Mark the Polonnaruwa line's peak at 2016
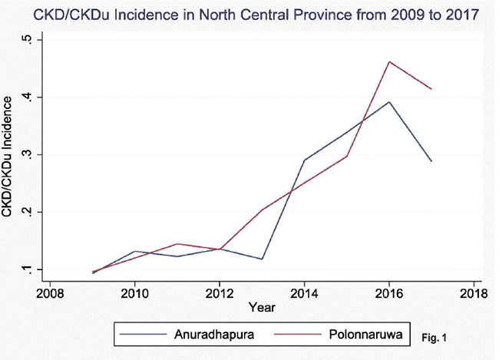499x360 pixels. tap(389, 61)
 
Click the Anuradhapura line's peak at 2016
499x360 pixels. tap(389, 102)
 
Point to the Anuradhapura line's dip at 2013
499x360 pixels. tap(262, 259)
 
